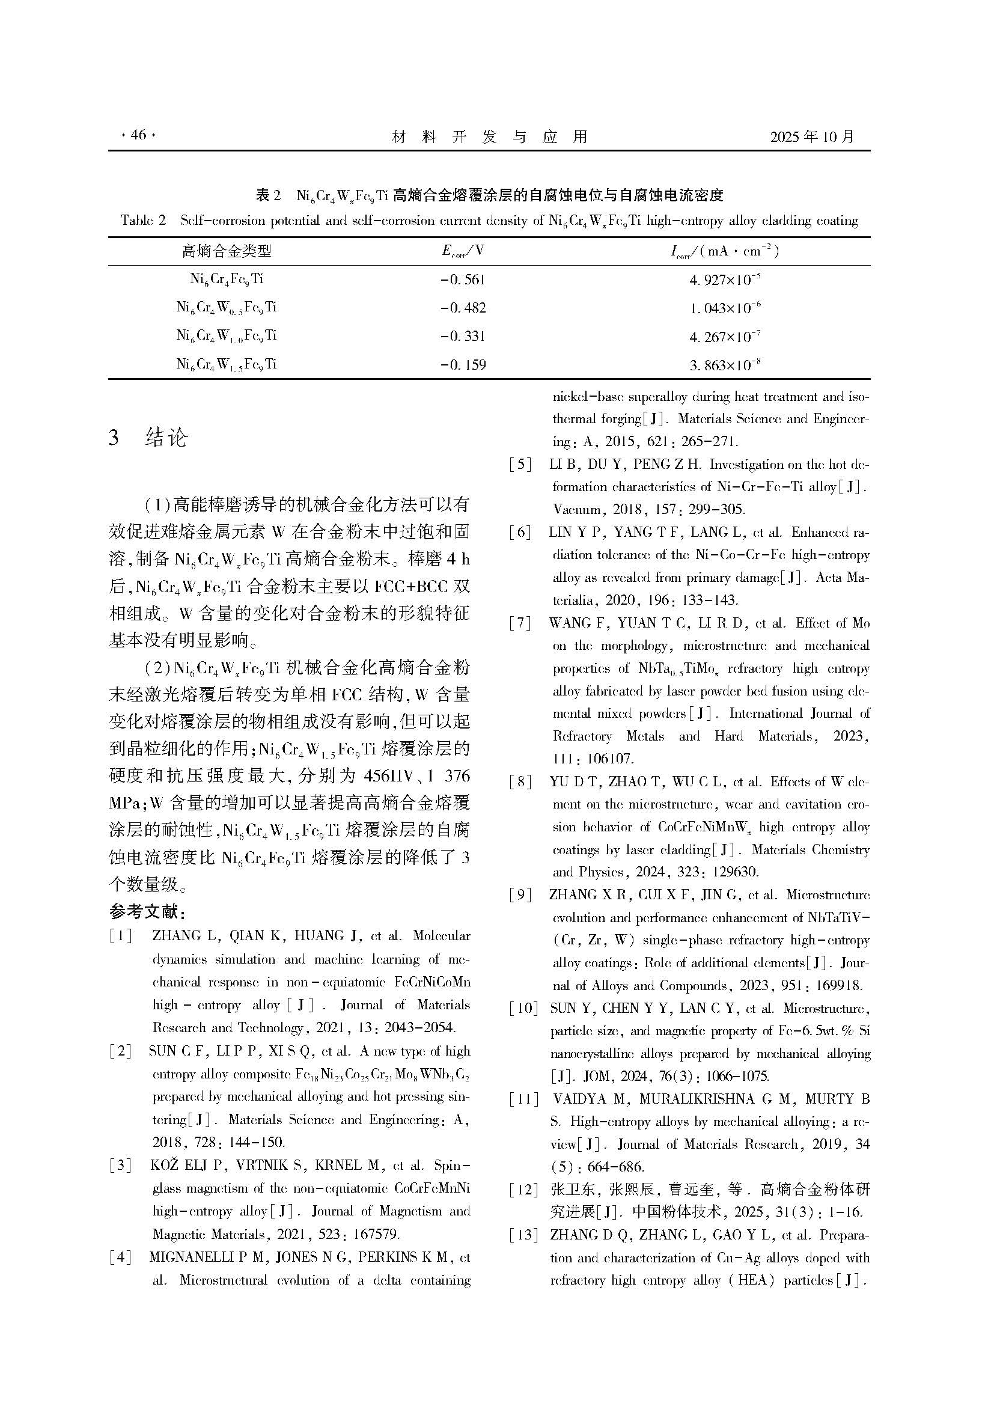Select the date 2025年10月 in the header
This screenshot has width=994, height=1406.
coord(811,136)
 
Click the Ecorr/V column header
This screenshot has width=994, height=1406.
coord(463,251)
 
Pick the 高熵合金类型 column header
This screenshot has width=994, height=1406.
coord(227,251)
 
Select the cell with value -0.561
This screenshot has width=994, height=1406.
coord(463,280)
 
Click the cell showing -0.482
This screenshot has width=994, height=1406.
coord(463,308)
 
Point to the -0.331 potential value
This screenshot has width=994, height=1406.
coord(463,336)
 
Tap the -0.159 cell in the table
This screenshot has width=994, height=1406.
coord(463,365)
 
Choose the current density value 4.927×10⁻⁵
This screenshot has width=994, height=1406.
coord(725,280)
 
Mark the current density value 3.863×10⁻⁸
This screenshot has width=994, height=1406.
coord(725,365)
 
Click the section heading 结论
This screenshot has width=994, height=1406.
coord(166,437)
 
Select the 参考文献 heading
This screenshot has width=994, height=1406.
coord(146,912)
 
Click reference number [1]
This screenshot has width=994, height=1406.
coord(121,937)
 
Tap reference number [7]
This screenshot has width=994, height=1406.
coord(520,623)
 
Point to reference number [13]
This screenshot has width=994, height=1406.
coord(523,1235)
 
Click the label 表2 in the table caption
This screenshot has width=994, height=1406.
coord(268,195)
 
